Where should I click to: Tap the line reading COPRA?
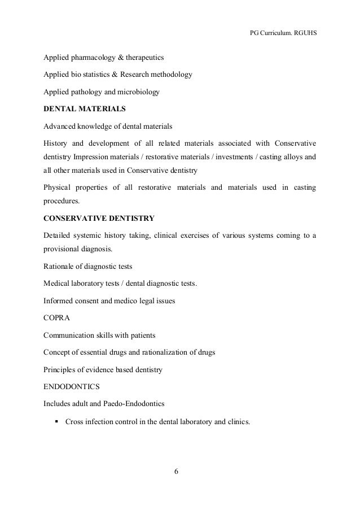(x=57, y=317)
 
